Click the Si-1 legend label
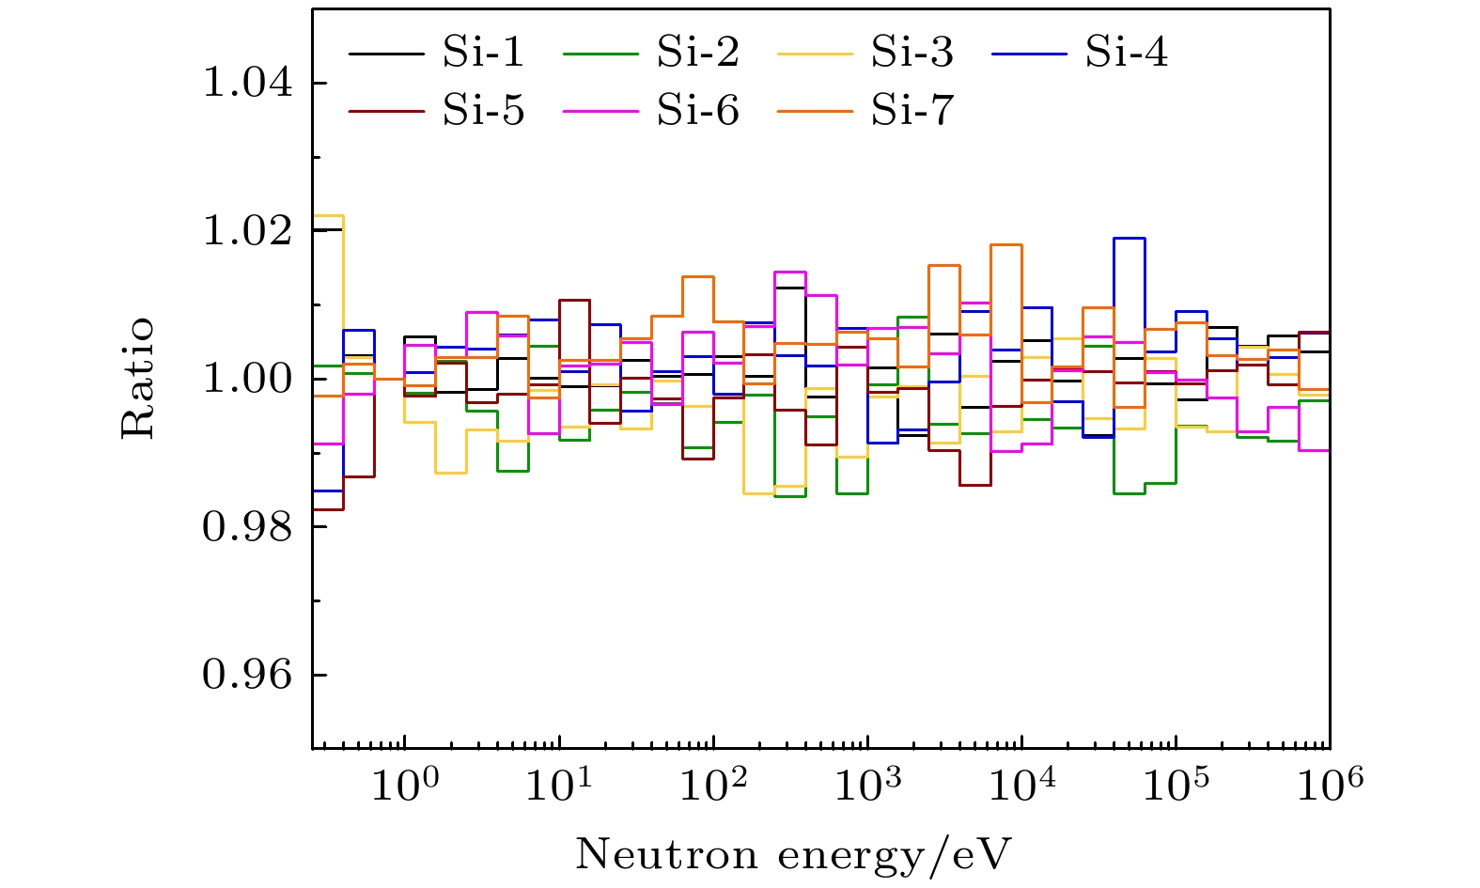coord(483,53)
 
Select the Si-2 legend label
coord(697,53)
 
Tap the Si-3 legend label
coord(911,53)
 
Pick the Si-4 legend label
coord(1127,53)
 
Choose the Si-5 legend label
coord(483,111)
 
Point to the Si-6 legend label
coord(697,111)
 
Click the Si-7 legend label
coord(911,111)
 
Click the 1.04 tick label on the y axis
coord(247,84)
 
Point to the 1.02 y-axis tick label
coord(247,231)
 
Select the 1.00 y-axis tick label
coord(247,380)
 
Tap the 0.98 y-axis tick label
coord(247,527)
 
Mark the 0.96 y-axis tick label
coord(247,676)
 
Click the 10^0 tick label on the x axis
coord(403,784)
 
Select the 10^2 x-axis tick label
coord(711,784)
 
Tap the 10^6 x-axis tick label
coord(1328,784)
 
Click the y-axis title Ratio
coord(138,379)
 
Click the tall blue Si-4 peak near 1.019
coord(1129,238)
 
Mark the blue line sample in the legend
coord(1028,54)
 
